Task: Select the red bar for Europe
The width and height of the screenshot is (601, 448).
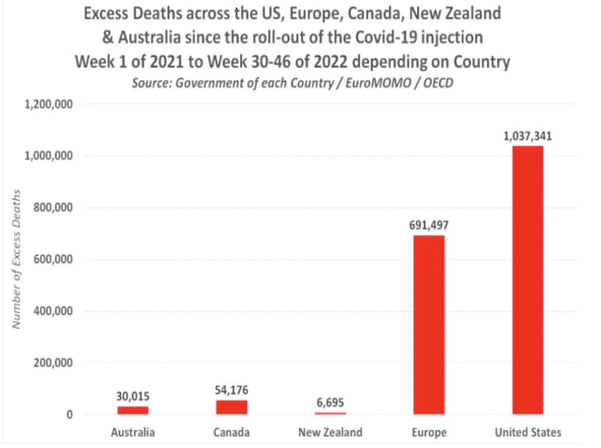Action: (x=428, y=325)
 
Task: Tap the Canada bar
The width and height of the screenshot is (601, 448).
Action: (x=232, y=407)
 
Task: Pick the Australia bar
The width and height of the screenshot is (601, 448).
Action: (x=133, y=410)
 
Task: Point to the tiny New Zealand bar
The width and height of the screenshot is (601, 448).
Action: (x=330, y=413)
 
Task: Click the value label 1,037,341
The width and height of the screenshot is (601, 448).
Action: (x=527, y=136)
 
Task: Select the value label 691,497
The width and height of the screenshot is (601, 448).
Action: (x=428, y=225)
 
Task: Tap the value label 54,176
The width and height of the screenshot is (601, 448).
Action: (x=232, y=390)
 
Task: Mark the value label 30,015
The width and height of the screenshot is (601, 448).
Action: (x=133, y=397)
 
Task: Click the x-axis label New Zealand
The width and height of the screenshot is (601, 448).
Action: (x=330, y=433)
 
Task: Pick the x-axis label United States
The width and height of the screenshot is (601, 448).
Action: (x=527, y=433)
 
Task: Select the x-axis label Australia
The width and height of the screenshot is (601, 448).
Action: (x=133, y=433)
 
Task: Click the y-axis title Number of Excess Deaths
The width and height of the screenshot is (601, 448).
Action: (x=18, y=258)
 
